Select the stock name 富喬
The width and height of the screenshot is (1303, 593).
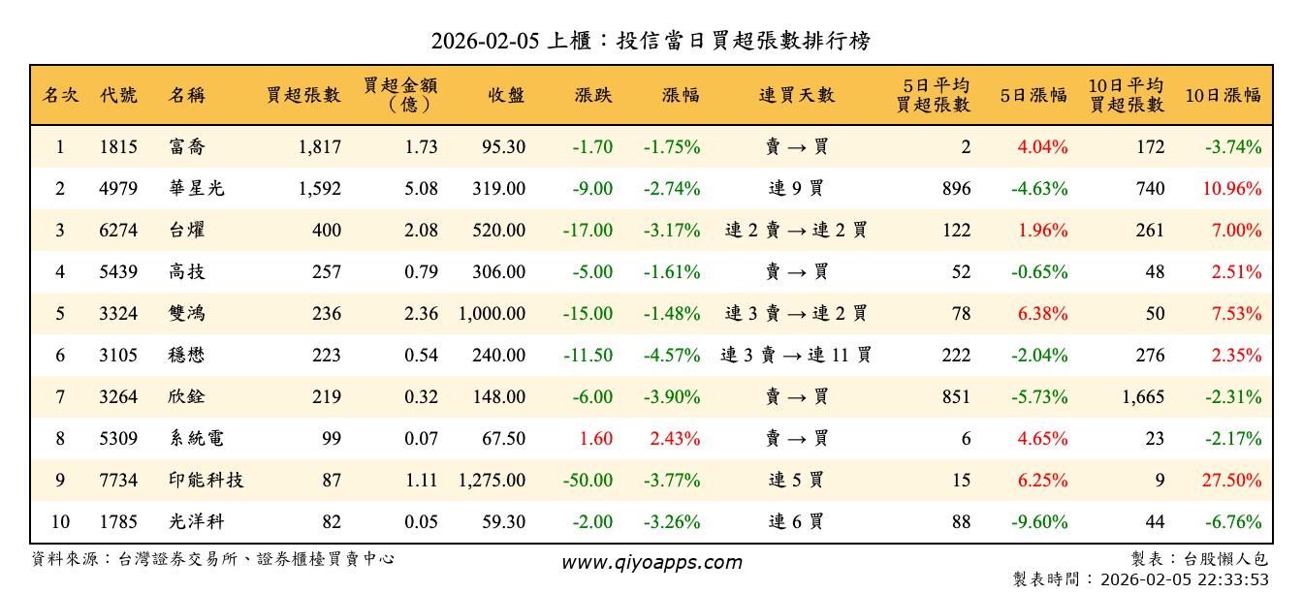click(x=186, y=147)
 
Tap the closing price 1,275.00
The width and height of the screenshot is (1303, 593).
click(x=491, y=481)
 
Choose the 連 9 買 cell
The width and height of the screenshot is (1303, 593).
click(x=796, y=189)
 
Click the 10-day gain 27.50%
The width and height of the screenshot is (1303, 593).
click(x=1232, y=481)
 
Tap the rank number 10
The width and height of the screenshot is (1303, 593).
click(x=60, y=522)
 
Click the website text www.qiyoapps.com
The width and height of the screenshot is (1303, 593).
click(x=651, y=562)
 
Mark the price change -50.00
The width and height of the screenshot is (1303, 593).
click(x=588, y=481)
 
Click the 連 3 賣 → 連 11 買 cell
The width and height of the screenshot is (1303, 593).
click(x=796, y=356)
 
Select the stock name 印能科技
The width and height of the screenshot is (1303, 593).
click(x=206, y=481)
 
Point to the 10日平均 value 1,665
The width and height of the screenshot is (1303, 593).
click(x=1142, y=397)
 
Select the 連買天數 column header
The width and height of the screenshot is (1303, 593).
click(x=796, y=95)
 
